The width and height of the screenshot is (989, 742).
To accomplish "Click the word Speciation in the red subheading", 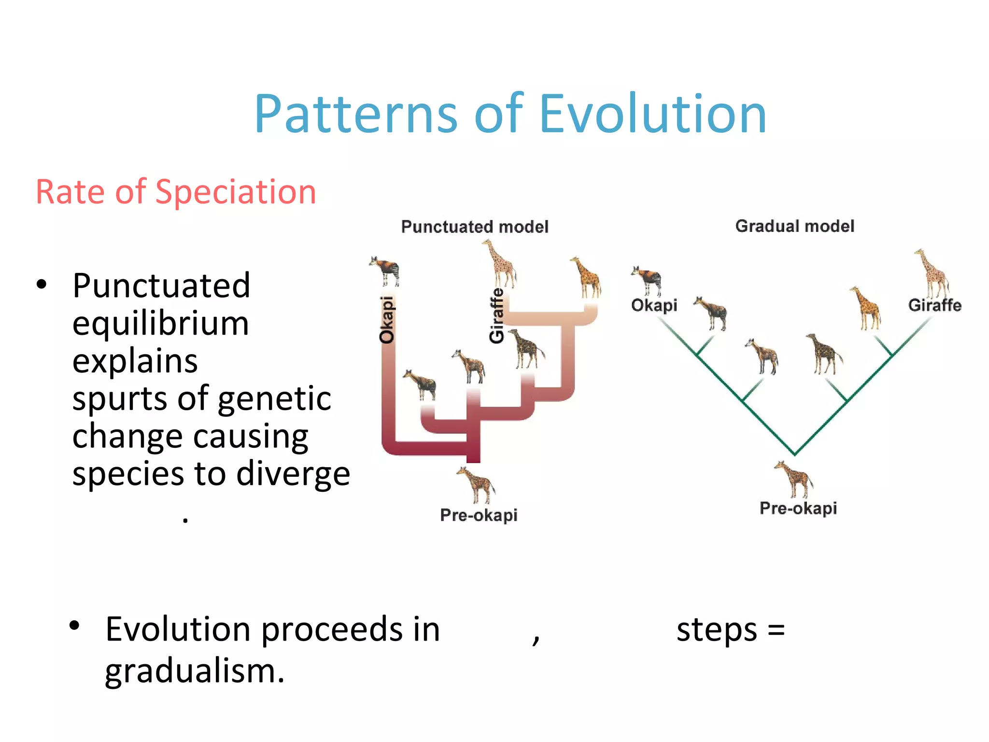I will tap(235, 192).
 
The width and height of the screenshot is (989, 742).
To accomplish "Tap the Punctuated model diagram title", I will tap(475, 227).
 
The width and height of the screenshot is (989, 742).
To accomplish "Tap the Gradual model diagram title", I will tap(794, 226).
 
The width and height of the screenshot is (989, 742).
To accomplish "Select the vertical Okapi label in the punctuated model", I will tap(387, 320).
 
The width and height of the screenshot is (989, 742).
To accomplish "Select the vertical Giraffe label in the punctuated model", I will tap(496, 315).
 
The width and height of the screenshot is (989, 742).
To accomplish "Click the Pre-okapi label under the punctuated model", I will tap(479, 515).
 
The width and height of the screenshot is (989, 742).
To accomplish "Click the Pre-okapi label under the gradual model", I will tap(798, 508).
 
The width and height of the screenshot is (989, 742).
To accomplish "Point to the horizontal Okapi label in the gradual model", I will tap(654, 305).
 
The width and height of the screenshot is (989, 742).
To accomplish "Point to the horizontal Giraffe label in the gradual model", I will tap(934, 305).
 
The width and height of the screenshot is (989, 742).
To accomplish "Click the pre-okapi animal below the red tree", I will tap(476, 485).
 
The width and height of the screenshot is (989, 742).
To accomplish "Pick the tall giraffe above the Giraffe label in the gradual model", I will tap(932, 273).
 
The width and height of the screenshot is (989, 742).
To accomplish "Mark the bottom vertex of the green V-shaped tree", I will tap(794, 454).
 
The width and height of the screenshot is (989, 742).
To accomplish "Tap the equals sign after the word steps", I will tap(776, 630).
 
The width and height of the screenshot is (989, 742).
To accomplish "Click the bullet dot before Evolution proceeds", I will tap(74, 626).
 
